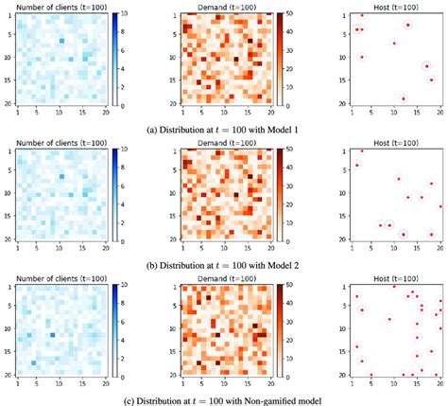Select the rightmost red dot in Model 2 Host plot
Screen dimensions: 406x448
(439, 206)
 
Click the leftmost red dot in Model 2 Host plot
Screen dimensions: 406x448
(356, 166)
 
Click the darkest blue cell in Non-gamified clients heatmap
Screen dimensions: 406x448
(53, 334)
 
